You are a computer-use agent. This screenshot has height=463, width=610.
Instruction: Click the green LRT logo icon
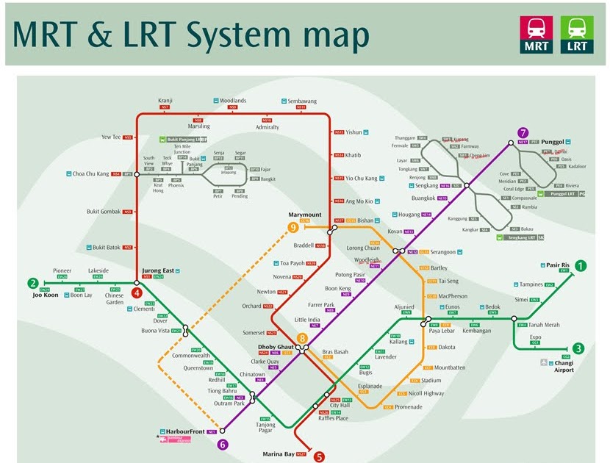(x=576, y=35)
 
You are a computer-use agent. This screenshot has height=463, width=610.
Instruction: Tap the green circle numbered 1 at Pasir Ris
(x=581, y=266)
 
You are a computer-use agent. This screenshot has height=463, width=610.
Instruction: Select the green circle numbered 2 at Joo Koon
(x=33, y=283)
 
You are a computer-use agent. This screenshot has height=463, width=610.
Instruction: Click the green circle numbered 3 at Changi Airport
(x=579, y=348)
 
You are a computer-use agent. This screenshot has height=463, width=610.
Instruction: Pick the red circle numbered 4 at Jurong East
(x=137, y=292)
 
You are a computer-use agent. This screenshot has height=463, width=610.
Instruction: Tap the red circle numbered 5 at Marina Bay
(x=319, y=456)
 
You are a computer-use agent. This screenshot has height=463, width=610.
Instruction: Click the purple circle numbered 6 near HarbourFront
(x=223, y=444)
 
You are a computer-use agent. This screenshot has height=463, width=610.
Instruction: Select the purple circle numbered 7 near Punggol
(x=523, y=133)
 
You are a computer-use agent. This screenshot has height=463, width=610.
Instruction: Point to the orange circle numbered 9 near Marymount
(x=293, y=227)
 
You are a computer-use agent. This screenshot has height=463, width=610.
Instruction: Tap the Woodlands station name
(x=233, y=101)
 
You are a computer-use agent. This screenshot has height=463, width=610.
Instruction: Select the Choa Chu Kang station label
(x=90, y=174)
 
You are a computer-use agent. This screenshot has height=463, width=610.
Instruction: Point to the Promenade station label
(x=409, y=406)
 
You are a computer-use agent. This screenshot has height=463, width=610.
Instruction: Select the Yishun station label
(x=354, y=132)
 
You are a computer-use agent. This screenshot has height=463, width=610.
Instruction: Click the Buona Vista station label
(x=157, y=331)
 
